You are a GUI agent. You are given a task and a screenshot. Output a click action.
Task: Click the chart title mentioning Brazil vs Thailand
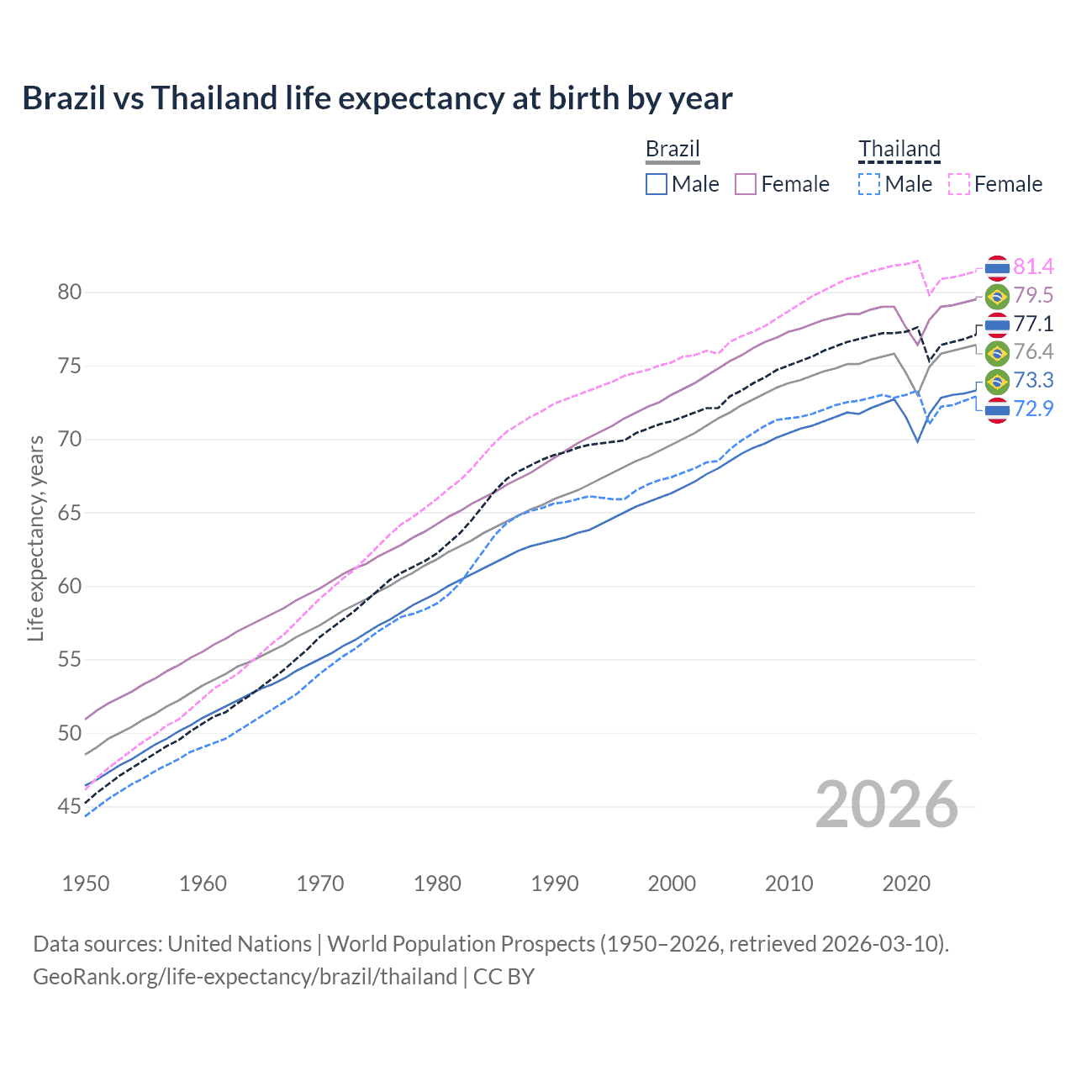click(x=377, y=98)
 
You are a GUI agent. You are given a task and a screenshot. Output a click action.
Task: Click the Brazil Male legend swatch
click(x=657, y=184)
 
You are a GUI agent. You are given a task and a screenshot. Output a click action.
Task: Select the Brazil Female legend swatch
click(x=746, y=184)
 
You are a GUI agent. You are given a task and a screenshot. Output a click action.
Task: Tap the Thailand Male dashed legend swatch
click(x=869, y=184)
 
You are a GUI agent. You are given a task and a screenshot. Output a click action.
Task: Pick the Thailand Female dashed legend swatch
click(x=959, y=184)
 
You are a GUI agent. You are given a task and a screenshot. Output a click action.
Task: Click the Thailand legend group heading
click(x=899, y=150)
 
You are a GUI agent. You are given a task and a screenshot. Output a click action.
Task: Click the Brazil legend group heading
click(x=672, y=150)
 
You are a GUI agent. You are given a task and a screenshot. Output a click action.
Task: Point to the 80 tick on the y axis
click(x=69, y=293)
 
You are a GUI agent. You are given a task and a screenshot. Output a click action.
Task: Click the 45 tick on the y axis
click(x=69, y=807)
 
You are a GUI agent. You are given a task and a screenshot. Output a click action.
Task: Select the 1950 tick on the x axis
click(x=86, y=883)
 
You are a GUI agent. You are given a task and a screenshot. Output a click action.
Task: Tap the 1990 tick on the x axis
click(x=555, y=883)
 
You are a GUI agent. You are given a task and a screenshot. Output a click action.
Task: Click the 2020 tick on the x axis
click(x=906, y=883)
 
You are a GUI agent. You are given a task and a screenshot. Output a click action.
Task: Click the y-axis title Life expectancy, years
click(x=35, y=538)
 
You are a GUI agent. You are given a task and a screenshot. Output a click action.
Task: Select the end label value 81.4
click(x=1033, y=267)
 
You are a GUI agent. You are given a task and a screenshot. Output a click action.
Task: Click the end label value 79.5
click(x=1033, y=296)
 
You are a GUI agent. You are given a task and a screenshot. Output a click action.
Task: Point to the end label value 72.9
click(x=1033, y=409)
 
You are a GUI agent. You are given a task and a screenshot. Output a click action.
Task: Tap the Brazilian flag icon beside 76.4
click(x=997, y=352)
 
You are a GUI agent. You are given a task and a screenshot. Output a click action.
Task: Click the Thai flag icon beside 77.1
click(x=997, y=324)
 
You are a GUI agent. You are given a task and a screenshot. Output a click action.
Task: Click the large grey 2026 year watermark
click(x=886, y=805)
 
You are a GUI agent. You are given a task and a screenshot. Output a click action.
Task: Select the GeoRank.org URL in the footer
click(x=245, y=977)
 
